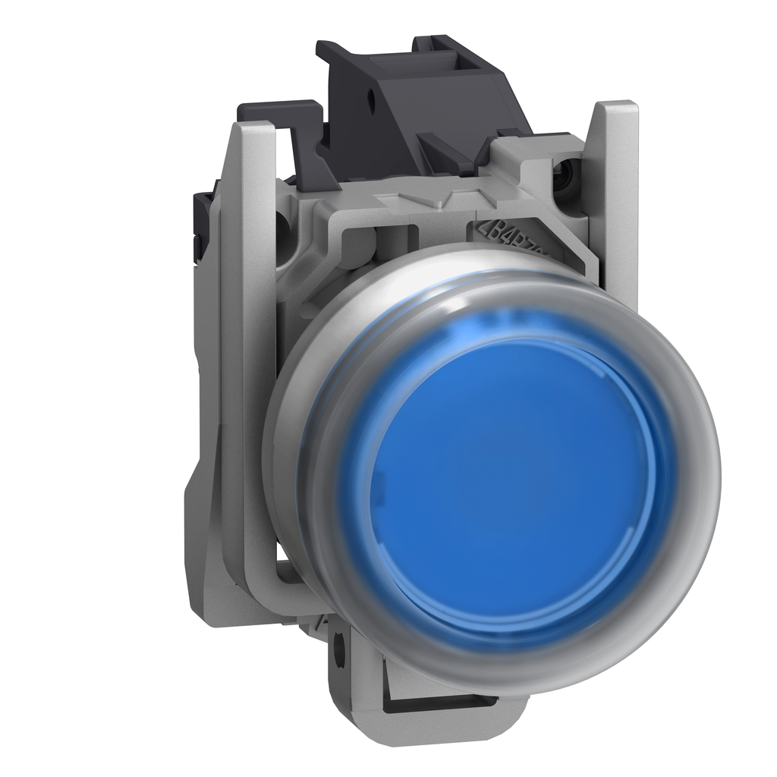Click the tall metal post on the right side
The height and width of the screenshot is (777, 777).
618,190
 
